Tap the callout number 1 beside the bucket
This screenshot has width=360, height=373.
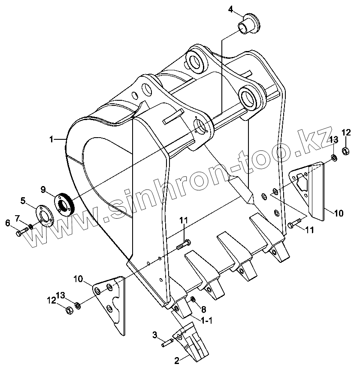(x=51, y=139)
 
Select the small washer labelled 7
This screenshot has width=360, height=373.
(x=30, y=226)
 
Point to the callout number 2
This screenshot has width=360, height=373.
(x=177, y=361)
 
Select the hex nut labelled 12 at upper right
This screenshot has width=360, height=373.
(x=346, y=150)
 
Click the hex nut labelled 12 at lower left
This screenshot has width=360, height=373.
(x=69, y=310)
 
